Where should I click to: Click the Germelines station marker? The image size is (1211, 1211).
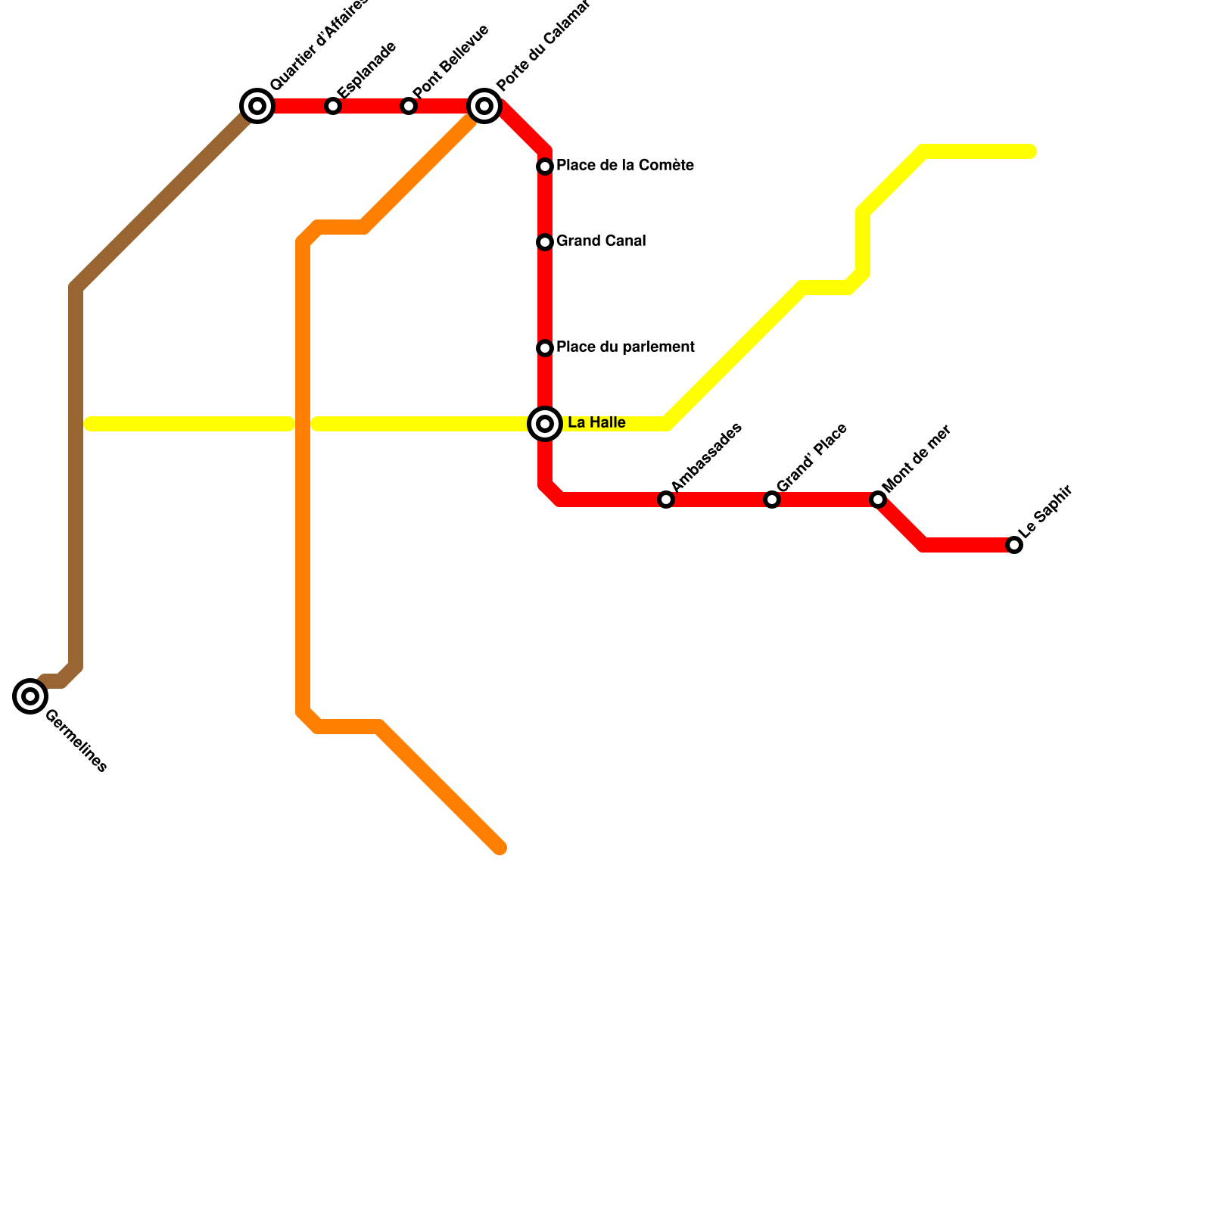pos(30,696)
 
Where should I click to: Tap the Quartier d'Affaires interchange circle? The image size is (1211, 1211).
pos(257,106)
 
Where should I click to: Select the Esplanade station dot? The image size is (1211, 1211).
pos(333,106)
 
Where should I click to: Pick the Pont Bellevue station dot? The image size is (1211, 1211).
pos(409,106)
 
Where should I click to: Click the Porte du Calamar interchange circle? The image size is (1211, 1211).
pos(484,106)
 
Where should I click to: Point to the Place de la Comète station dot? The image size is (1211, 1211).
pos(545,167)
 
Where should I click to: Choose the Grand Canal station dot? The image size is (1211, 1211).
pos(545,242)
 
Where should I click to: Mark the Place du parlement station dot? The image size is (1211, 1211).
pos(545,348)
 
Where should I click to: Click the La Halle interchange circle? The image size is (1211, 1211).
pos(545,424)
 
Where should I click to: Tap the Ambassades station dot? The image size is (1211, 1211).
pos(666,500)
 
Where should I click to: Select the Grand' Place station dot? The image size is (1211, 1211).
pos(772,500)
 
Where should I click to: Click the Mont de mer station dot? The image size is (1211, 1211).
pos(878,500)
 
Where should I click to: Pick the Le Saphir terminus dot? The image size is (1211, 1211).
pos(1014,545)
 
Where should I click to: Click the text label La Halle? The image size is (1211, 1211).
pos(596,423)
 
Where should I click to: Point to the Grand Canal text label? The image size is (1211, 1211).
pos(601,241)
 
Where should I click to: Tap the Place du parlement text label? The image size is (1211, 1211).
pos(625,347)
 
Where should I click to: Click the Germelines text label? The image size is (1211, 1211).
pos(76,741)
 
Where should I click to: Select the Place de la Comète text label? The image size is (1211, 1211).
pos(625,166)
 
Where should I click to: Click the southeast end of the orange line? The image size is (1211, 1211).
pos(500,848)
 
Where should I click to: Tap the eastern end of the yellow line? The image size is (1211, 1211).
pos(1030,152)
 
